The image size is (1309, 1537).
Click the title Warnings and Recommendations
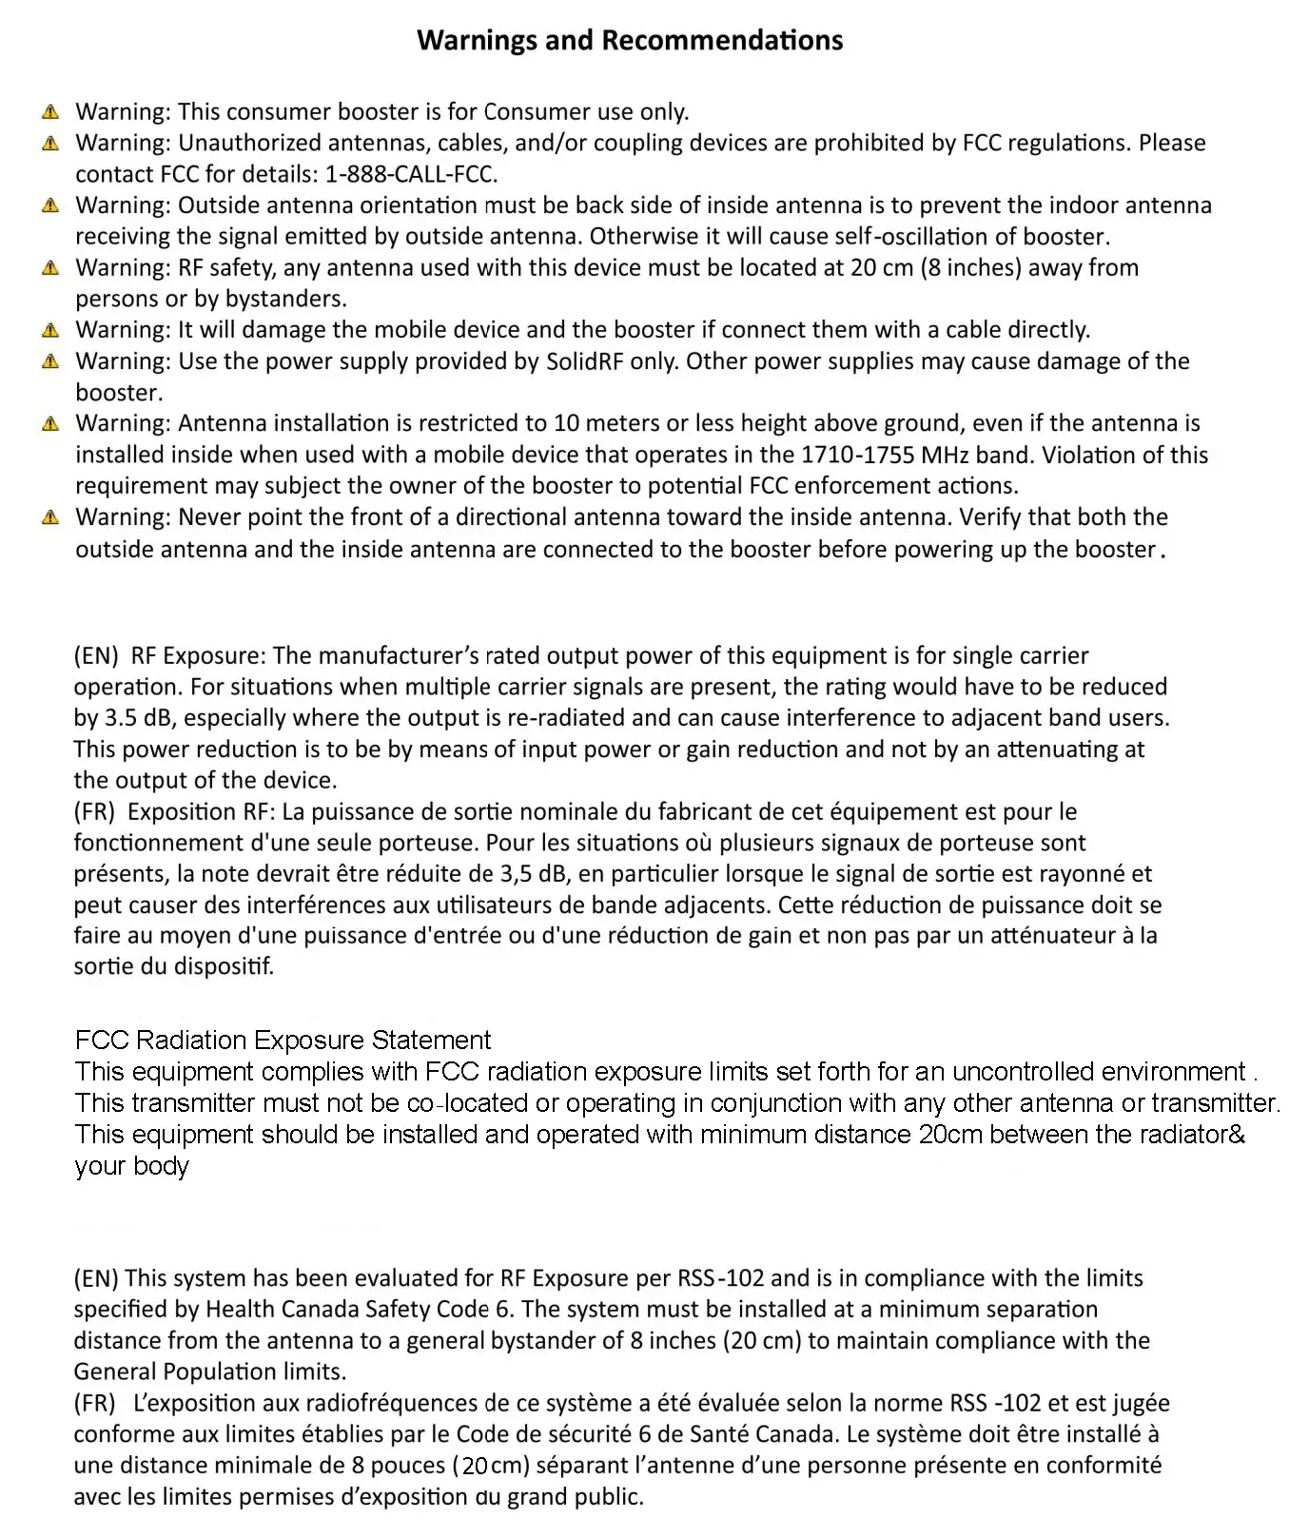click(x=630, y=40)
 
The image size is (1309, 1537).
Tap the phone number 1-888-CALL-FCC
click(x=411, y=174)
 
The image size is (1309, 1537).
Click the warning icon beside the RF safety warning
click(x=51, y=268)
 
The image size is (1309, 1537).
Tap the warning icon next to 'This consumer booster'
click(x=51, y=112)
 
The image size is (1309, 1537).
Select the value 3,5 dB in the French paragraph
click(x=533, y=873)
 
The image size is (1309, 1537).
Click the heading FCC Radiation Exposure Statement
click(x=283, y=1040)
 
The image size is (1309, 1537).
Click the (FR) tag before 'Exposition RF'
click(x=94, y=811)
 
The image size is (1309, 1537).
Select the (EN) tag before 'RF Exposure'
click(x=96, y=655)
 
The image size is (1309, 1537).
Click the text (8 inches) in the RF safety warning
click(x=970, y=267)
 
